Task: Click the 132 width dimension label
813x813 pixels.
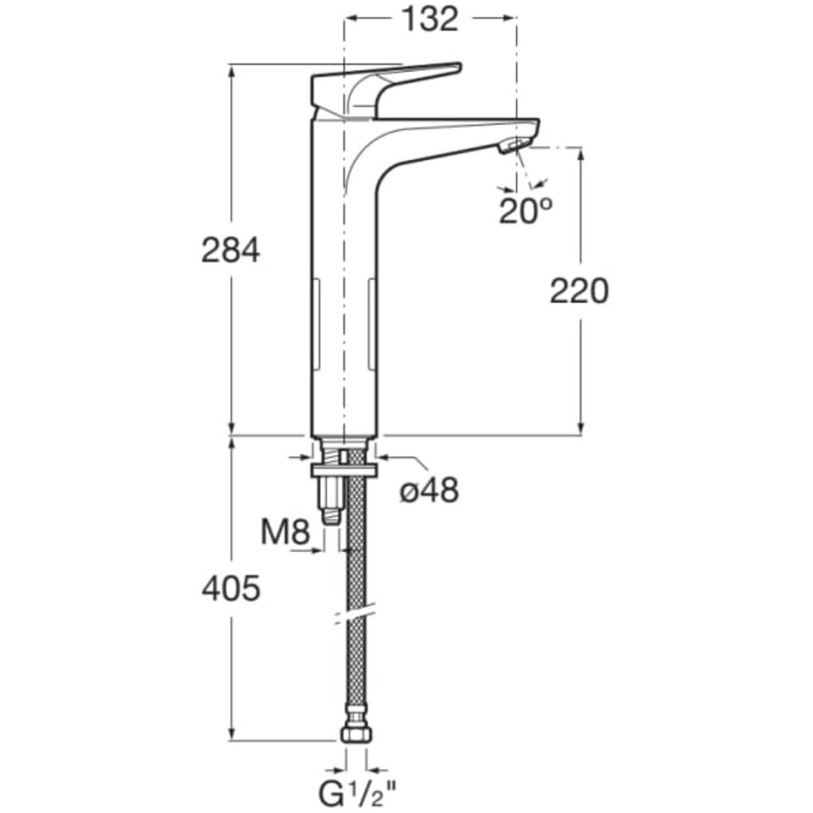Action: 430,20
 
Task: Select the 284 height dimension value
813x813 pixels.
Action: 230,250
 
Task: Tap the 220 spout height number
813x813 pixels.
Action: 579,291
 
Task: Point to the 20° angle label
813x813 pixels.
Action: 525,210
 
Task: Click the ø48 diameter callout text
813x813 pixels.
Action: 429,489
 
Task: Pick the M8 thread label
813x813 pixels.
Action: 285,532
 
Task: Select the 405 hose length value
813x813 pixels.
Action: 231,589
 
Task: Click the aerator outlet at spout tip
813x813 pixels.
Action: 515,145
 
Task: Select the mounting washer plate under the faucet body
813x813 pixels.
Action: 343,471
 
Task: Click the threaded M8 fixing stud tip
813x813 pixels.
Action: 331,516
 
